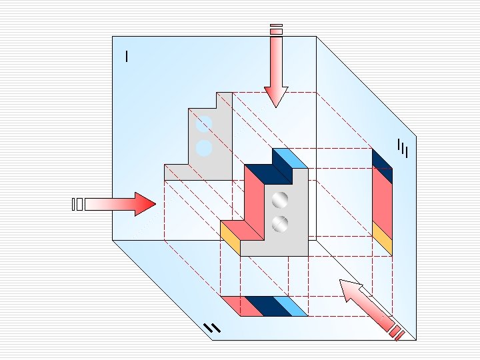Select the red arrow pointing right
[x=120, y=204]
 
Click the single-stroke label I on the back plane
[x=127, y=57]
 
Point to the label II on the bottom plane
[x=211, y=327]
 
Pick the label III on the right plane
[x=402, y=149]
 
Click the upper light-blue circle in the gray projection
[x=205, y=124]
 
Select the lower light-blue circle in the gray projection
[x=205, y=147]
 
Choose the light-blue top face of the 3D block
[x=290, y=159]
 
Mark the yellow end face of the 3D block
[x=230, y=237]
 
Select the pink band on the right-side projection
[x=382, y=200]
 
